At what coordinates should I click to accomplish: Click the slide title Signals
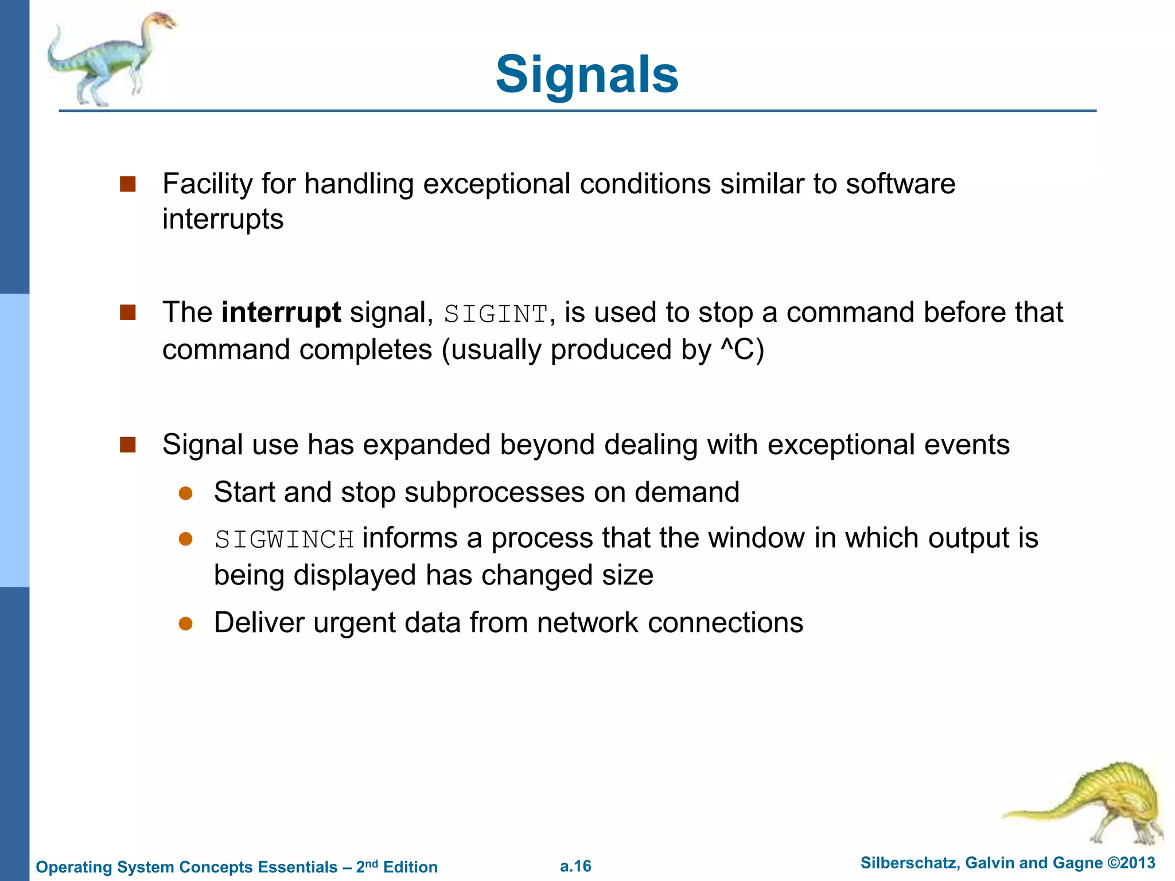[587, 75]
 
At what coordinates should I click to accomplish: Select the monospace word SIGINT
[496, 314]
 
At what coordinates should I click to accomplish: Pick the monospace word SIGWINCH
[284, 540]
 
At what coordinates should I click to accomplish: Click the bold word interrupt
[281, 313]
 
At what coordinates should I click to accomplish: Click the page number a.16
[575, 866]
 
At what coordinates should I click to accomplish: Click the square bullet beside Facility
[127, 184]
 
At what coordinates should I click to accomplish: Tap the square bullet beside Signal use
[127, 445]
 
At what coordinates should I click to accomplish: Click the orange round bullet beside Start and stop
[185, 493]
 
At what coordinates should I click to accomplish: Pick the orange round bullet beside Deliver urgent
[185, 623]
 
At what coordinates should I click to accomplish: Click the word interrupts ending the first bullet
[223, 220]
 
